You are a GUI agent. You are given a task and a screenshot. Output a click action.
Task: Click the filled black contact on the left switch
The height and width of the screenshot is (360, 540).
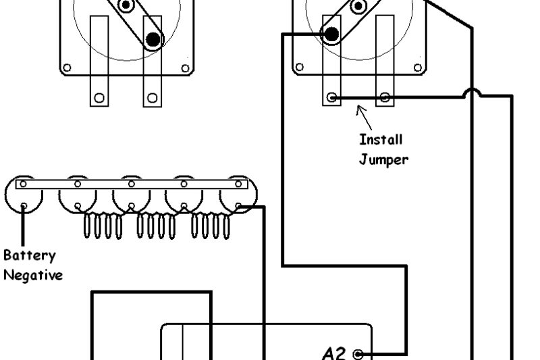pos(154,40)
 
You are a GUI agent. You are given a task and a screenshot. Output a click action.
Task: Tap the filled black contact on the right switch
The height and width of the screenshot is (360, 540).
pos(331,34)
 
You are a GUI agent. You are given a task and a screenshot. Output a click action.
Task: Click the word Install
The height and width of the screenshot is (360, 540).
pos(381,140)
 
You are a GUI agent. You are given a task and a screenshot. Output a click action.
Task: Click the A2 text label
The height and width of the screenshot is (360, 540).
pos(334,353)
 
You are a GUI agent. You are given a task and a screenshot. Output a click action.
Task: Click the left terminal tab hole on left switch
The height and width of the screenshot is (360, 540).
pos(99,98)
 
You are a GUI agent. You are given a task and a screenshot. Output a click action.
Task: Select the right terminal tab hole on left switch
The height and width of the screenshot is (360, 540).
pos(153,98)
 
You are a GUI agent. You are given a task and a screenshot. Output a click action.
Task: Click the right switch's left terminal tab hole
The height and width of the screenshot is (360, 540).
pos(331,98)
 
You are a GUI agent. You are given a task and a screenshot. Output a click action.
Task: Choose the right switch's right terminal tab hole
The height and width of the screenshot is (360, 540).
pos(384,98)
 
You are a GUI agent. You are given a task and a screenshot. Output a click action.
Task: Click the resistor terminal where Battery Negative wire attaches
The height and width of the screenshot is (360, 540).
pos(24,206)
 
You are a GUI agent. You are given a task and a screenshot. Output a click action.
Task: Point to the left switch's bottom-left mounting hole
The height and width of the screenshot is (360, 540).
pos(67,68)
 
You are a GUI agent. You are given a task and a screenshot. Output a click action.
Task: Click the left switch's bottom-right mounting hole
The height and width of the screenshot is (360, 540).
pos(184,68)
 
